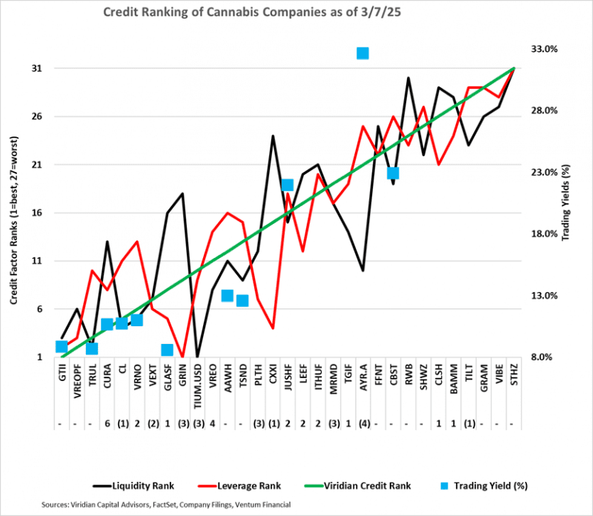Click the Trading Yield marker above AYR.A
click(x=362, y=53)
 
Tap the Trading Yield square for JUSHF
click(x=288, y=185)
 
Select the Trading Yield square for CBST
click(x=393, y=173)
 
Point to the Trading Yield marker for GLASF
click(x=167, y=350)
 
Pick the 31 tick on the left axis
click(x=36, y=68)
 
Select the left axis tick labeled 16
click(x=36, y=213)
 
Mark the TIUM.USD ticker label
click(x=197, y=385)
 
